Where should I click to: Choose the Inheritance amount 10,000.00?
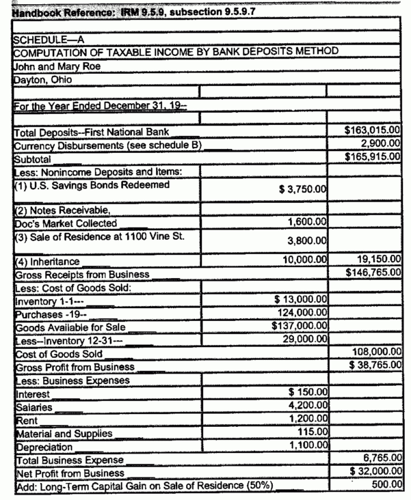pyautogui.click(x=304, y=260)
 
